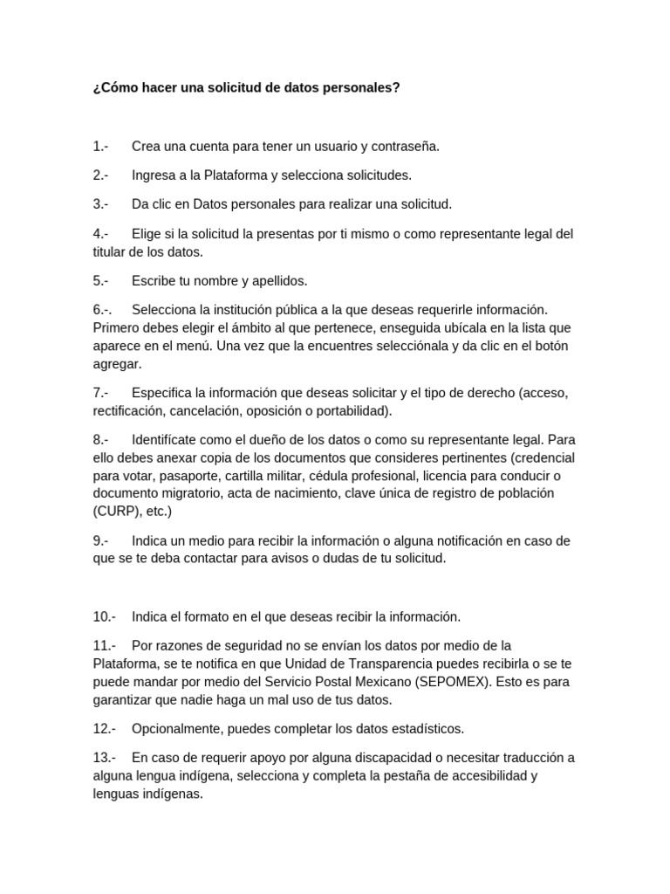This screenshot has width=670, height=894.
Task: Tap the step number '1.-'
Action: pos(100,146)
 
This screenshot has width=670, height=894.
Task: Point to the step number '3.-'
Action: pos(100,204)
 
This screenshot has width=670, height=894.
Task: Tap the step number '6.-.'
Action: pos(102,310)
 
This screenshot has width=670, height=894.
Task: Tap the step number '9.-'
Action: pos(100,540)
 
